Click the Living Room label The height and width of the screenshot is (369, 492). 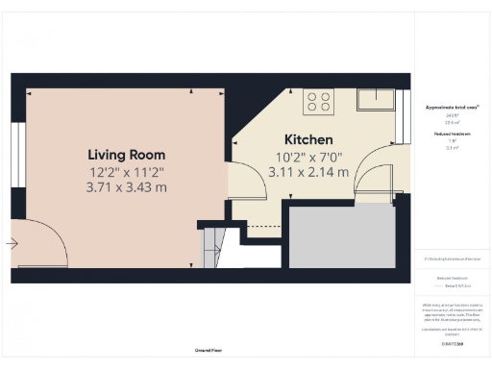pyautogui.click(x=126, y=155)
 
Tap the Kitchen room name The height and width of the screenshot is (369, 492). pyautogui.click(x=308, y=139)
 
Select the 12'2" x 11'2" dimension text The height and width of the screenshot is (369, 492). pyautogui.click(x=126, y=172)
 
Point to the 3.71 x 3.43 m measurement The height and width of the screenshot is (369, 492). pyautogui.click(x=126, y=187)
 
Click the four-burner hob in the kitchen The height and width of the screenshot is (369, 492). pyautogui.click(x=318, y=101)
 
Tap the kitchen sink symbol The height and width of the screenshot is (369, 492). pyautogui.click(x=371, y=100)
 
